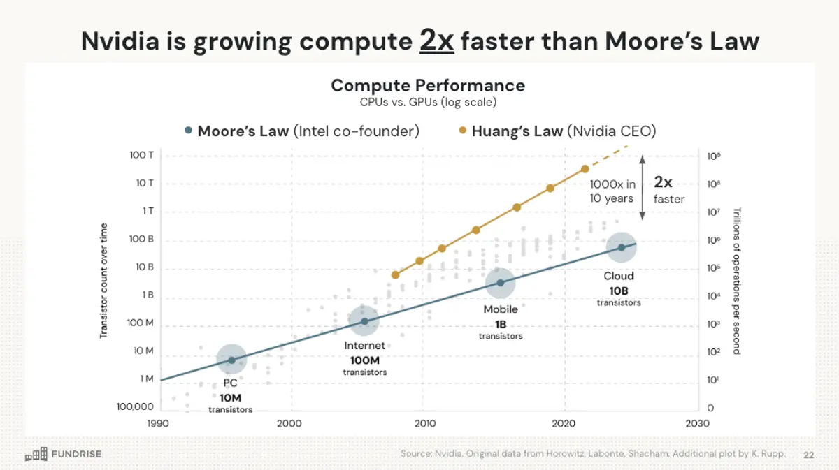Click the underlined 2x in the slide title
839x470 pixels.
pyautogui.click(x=437, y=41)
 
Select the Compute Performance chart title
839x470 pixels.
pyautogui.click(x=427, y=85)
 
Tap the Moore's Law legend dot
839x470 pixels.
pyautogui.click(x=187, y=131)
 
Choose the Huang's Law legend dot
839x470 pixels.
pyautogui.click(x=461, y=131)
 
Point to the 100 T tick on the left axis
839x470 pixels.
pyautogui.click(x=142, y=155)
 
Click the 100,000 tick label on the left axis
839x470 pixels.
pyautogui.click(x=134, y=406)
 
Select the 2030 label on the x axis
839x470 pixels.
pyautogui.click(x=697, y=423)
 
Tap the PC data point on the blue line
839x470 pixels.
pyautogui.click(x=231, y=360)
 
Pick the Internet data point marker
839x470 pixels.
pyautogui.click(x=364, y=321)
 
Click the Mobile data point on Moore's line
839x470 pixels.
pyautogui.click(x=501, y=283)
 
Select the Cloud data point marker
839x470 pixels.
pyautogui.click(x=621, y=247)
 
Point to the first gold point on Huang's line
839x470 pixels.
pyautogui.click(x=396, y=275)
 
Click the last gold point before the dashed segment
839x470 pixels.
pyautogui.click(x=585, y=169)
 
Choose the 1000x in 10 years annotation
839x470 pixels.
pyautogui.click(x=612, y=191)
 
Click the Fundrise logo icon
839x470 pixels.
pyautogui.click(x=36, y=454)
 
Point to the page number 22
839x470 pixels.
pyautogui.click(x=809, y=455)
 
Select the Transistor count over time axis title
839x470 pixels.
pyautogui.click(x=103, y=281)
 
